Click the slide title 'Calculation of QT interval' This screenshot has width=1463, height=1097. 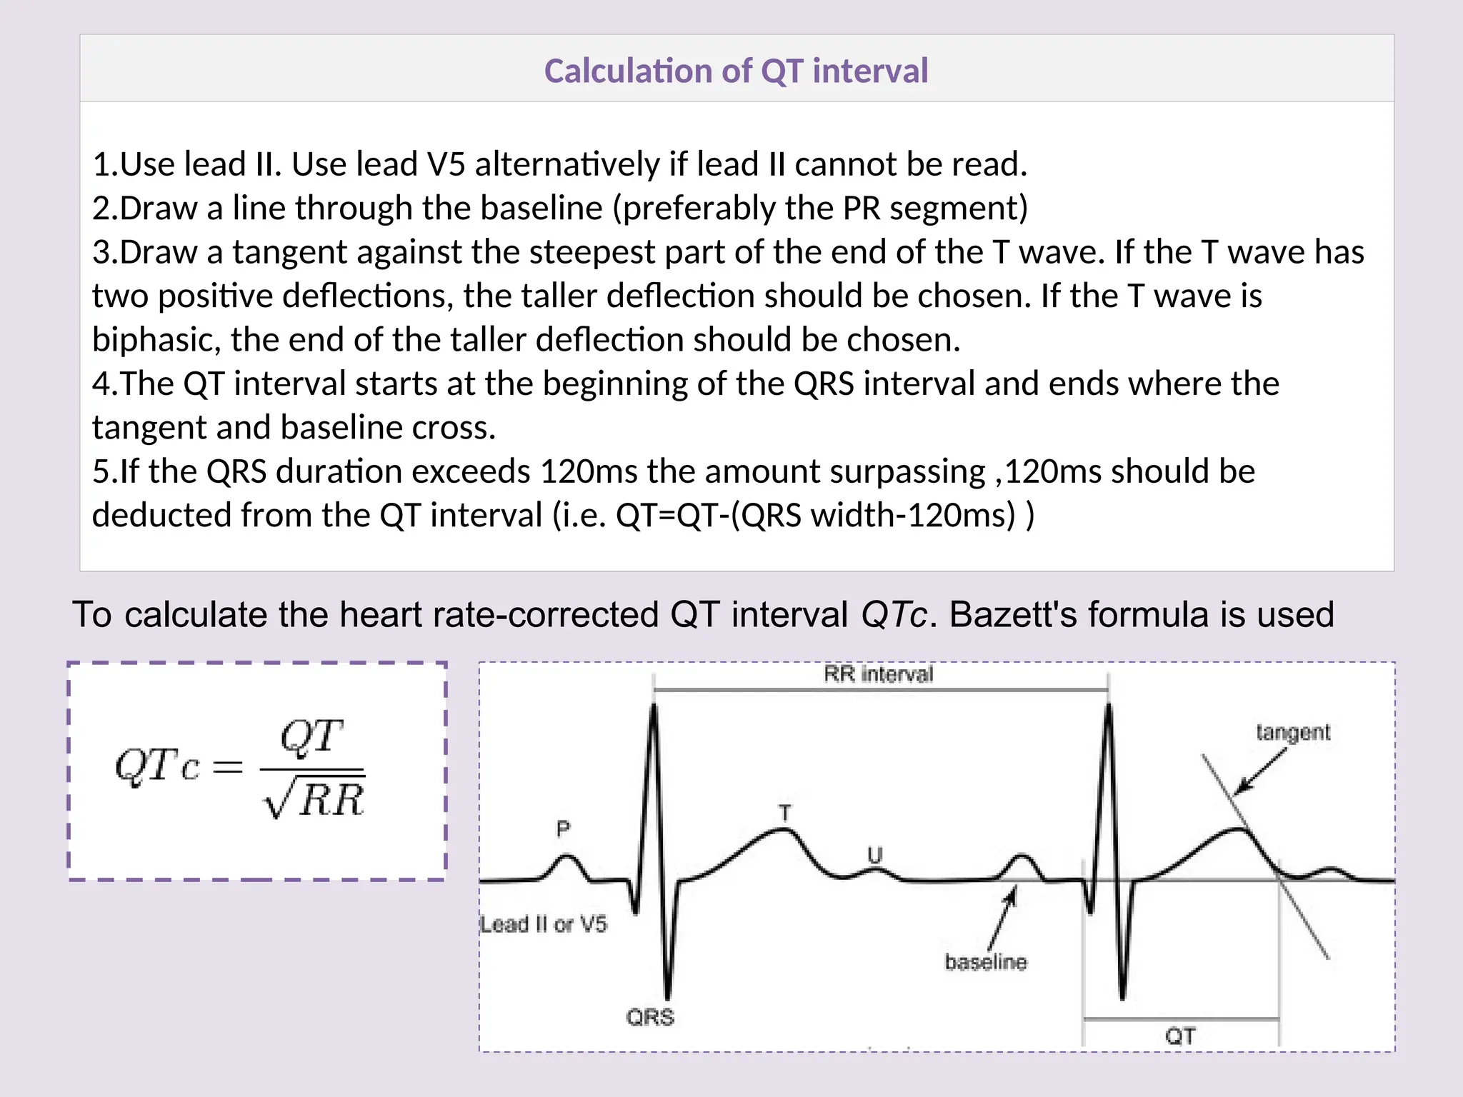pos(736,71)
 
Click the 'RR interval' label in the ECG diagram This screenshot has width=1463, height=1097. pos(878,674)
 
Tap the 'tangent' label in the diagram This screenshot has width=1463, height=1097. pos(1293,732)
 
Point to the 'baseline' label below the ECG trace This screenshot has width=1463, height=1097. pos(986,962)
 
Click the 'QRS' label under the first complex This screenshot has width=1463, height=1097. pos(650,1016)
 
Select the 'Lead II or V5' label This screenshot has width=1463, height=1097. pos(544,924)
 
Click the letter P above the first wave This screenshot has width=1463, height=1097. pos(564,828)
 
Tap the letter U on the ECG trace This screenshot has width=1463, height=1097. pos(875,854)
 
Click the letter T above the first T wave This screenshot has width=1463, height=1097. pos(785,813)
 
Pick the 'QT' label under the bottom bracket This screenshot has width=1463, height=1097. pos(1180,1036)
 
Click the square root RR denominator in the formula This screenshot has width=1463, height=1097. pos(314,799)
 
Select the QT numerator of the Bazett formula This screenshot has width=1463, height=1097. pos(311,736)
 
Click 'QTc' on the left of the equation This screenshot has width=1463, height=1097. pos(156,766)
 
